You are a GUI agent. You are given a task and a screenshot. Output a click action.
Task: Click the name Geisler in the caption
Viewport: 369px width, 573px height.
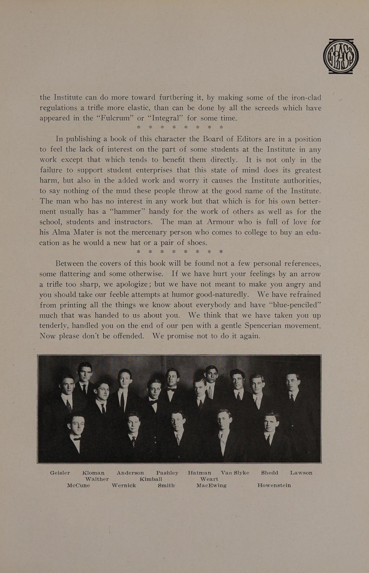(x=60, y=473)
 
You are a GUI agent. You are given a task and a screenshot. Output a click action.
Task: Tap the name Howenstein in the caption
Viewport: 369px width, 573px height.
(x=274, y=486)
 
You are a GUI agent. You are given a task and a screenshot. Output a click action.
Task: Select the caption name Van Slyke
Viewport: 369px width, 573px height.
(x=235, y=473)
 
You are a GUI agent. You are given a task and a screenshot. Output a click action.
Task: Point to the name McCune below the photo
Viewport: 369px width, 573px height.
(x=78, y=486)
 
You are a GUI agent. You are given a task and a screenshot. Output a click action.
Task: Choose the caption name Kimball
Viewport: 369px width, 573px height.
(x=151, y=479)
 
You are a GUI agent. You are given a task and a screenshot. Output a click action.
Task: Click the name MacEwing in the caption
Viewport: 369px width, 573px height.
(x=211, y=486)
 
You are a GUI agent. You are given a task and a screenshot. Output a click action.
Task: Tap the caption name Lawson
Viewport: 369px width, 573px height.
(x=301, y=473)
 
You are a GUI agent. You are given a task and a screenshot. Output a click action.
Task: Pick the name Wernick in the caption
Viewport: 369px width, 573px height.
(x=124, y=486)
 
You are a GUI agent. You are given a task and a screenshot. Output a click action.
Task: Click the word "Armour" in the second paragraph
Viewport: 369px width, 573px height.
(x=223, y=222)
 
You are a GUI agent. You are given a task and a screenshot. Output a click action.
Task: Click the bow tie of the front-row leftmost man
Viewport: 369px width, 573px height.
(x=77, y=439)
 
